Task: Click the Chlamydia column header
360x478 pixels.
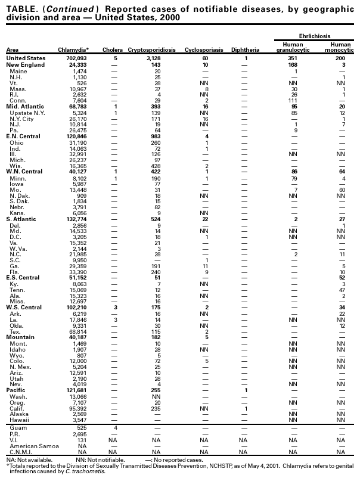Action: coord(73,49)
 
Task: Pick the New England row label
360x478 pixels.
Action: coord(23,64)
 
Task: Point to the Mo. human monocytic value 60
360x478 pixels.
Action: coord(340,190)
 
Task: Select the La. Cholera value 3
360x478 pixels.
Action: coord(114,319)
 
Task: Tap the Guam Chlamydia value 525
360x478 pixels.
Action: coord(81,427)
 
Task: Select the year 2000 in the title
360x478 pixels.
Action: coord(169,17)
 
